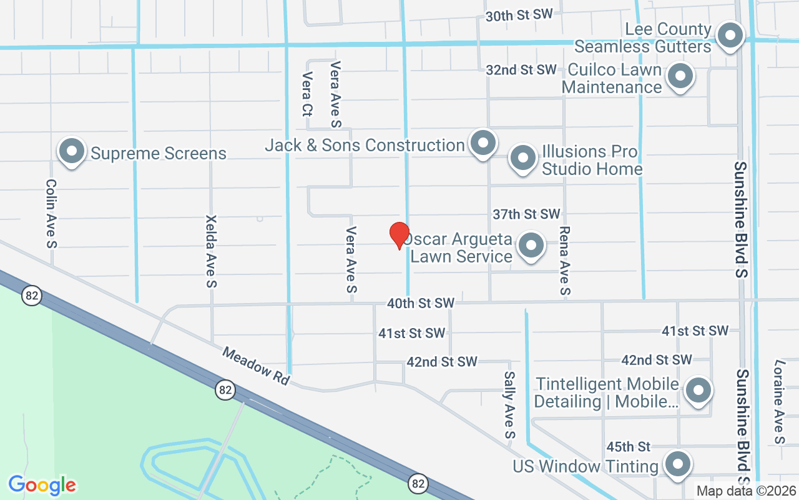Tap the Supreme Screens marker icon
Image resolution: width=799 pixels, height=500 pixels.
[x=72, y=152]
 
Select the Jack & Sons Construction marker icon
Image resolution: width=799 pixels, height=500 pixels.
[x=483, y=143]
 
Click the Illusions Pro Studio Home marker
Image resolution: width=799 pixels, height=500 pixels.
[x=523, y=159]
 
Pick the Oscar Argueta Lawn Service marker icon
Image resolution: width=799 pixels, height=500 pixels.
[x=531, y=246]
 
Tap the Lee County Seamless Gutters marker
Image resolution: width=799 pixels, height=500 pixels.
[x=728, y=36]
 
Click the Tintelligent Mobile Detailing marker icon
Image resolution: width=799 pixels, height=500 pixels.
[x=698, y=391]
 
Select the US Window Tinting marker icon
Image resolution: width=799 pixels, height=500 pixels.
[x=677, y=465]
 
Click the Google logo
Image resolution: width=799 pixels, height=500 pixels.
[x=42, y=484]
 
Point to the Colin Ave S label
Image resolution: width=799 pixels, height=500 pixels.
[x=52, y=214]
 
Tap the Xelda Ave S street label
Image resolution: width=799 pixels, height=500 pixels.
[x=211, y=251]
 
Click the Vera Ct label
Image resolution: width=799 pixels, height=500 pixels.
[x=306, y=94]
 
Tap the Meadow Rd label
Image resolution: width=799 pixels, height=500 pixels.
[x=256, y=367]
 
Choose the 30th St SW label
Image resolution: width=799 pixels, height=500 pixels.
[x=519, y=16]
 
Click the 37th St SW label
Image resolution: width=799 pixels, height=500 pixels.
[x=526, y=214]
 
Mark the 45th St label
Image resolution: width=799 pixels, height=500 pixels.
[x=629, y=446]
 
